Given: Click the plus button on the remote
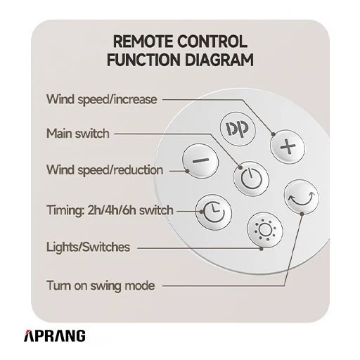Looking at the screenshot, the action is [288, 147].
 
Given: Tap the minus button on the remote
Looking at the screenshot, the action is [200, 161].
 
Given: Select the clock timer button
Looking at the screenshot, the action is [214, 212].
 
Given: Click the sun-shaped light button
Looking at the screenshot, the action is [265, 230].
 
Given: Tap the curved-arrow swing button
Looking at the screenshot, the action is [302, 197].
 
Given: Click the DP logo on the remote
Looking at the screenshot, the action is [238, 129].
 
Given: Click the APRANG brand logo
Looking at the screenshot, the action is [55, 336].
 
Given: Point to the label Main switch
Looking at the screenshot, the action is [78, 134].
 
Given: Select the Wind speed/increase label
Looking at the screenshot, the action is [102, 99].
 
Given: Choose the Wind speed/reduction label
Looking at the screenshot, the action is [105, 169].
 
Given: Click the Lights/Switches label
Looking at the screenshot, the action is [88, 247].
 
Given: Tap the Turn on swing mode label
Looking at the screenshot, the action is [101, 285].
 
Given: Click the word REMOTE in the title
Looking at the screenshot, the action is [142, 41].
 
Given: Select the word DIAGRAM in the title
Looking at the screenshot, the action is [219, 60].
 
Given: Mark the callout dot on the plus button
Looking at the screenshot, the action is [274, 134].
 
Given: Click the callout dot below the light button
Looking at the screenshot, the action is [262, 248].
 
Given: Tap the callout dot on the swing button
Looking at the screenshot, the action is [302, 214].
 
